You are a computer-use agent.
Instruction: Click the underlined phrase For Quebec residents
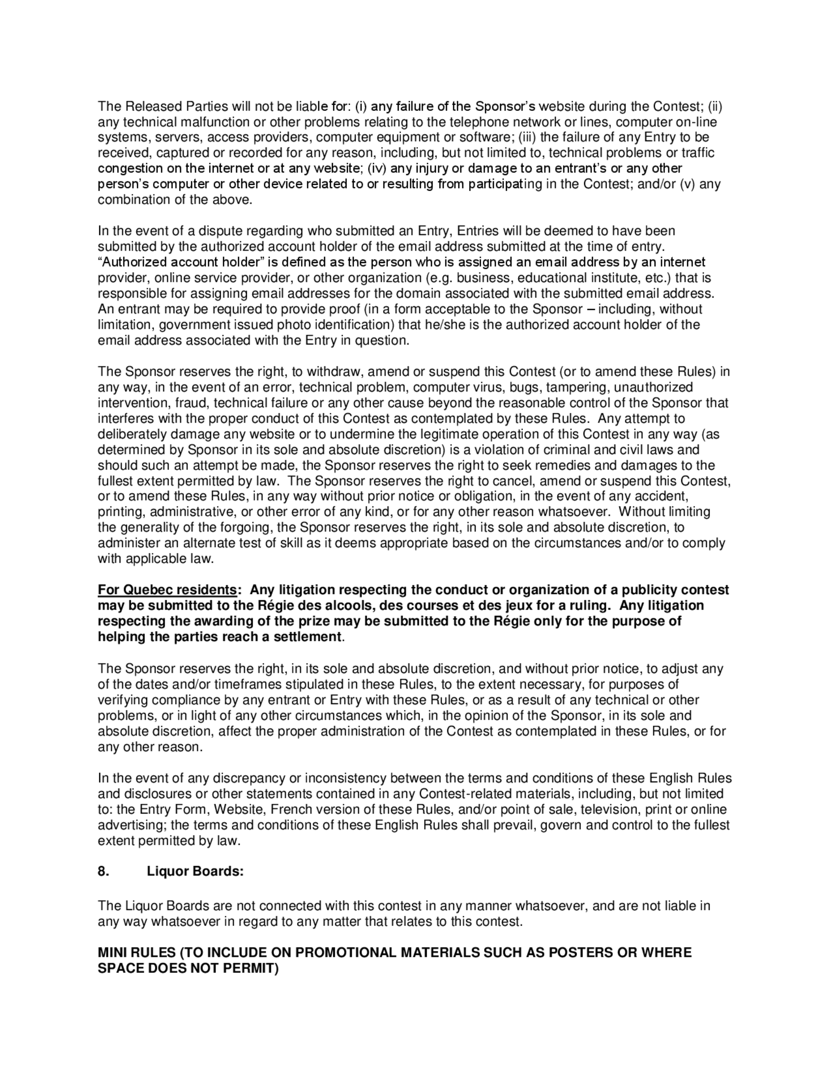click(x=167, y=590)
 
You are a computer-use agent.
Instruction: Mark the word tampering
click(x=576, y=388)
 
